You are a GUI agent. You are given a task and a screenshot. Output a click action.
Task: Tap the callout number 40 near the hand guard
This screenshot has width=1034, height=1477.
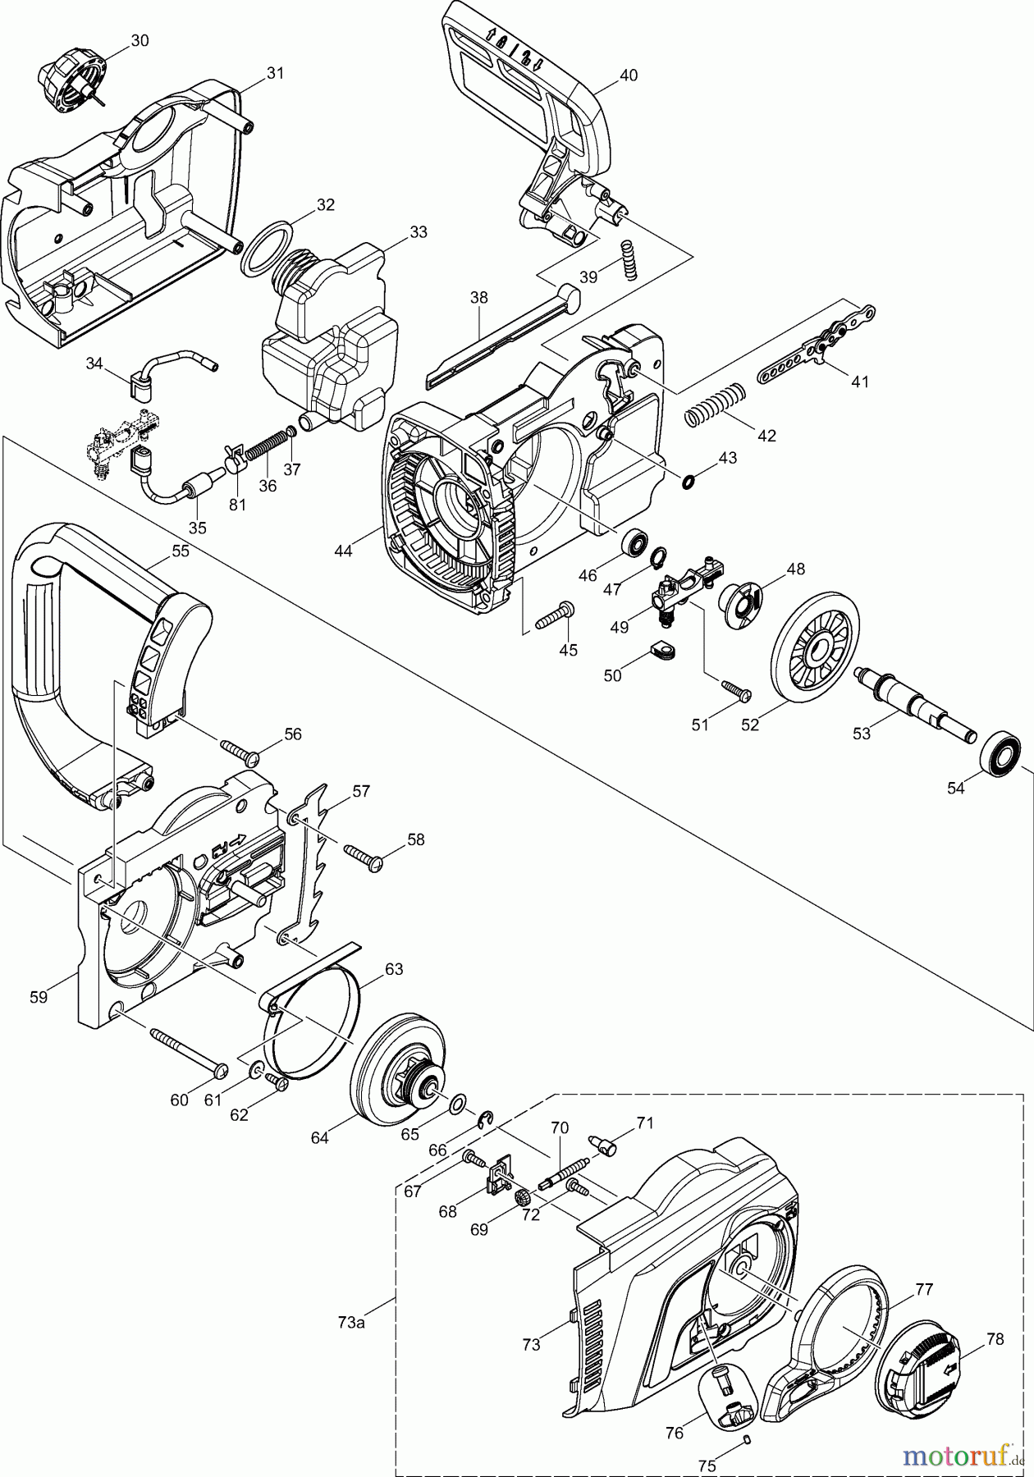coord(628,75)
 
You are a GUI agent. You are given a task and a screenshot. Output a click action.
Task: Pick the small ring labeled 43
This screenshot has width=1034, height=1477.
coord(689,480)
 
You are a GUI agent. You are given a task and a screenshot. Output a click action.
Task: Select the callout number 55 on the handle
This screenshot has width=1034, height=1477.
coord(180,551)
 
